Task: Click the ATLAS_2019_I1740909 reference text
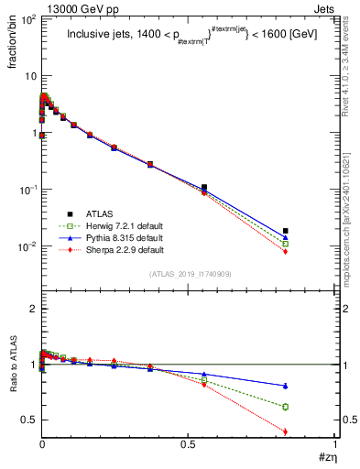[x=189, y=274]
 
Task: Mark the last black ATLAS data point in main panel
[x=286, y=231]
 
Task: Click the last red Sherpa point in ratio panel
[x=286, y=431]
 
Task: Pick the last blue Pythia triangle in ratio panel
[x=286, y=385]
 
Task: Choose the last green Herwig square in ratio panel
[x=286, y=407]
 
